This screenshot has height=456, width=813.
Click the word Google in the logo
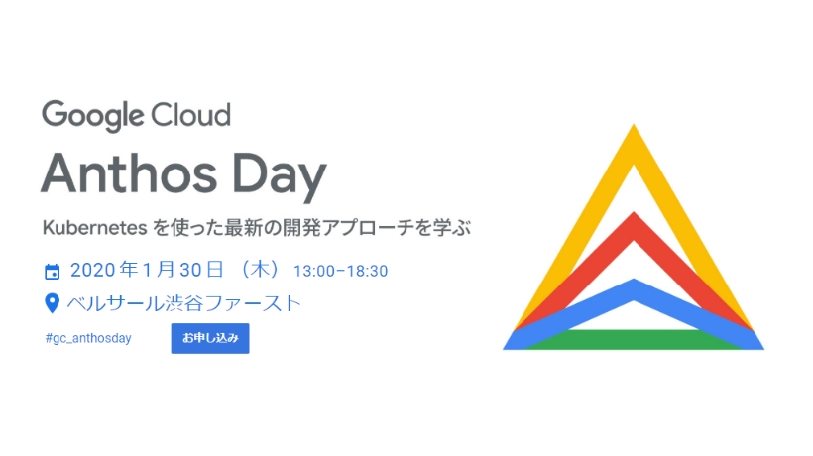(93, 116)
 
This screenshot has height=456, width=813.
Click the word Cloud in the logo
(190, 115)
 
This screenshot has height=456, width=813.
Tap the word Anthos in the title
(129, 173)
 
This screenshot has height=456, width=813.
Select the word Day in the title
(280, 176)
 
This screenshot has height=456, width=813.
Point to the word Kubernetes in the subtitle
(95, 227)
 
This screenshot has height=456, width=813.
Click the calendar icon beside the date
(52, 272)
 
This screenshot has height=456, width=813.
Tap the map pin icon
(52, 303)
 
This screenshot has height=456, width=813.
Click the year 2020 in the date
(93, 270)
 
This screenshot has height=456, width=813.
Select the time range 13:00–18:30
(341, 271)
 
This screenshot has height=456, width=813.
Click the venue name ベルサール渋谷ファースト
(184, 303)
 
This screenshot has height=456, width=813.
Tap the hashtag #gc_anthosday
(88, 338)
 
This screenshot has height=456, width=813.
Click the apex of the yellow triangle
(634, 124)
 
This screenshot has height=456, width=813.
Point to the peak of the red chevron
(634, 212)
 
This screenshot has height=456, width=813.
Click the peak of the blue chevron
(634, 280)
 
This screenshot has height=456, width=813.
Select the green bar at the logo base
(634, 339)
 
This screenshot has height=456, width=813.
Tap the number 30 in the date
(190, 270)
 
